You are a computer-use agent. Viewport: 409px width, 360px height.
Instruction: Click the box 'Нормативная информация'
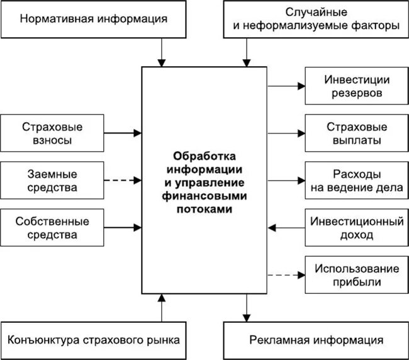coord(94,19)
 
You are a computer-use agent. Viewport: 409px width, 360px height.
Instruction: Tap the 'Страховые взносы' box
coord(52,133)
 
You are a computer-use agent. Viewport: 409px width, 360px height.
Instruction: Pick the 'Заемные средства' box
coord(52,180)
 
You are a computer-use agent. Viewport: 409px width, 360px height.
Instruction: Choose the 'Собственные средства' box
coord(52,228)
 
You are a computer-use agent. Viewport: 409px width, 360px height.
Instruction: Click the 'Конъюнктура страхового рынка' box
coord(94,340)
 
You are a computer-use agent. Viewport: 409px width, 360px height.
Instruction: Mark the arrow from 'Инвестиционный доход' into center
coord(286,228)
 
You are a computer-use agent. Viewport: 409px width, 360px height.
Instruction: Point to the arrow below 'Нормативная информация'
coord(162,51)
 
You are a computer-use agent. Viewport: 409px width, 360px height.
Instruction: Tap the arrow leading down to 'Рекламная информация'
coord(246,308)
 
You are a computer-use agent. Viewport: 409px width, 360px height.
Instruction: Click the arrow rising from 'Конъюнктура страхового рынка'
coord(162,308)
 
